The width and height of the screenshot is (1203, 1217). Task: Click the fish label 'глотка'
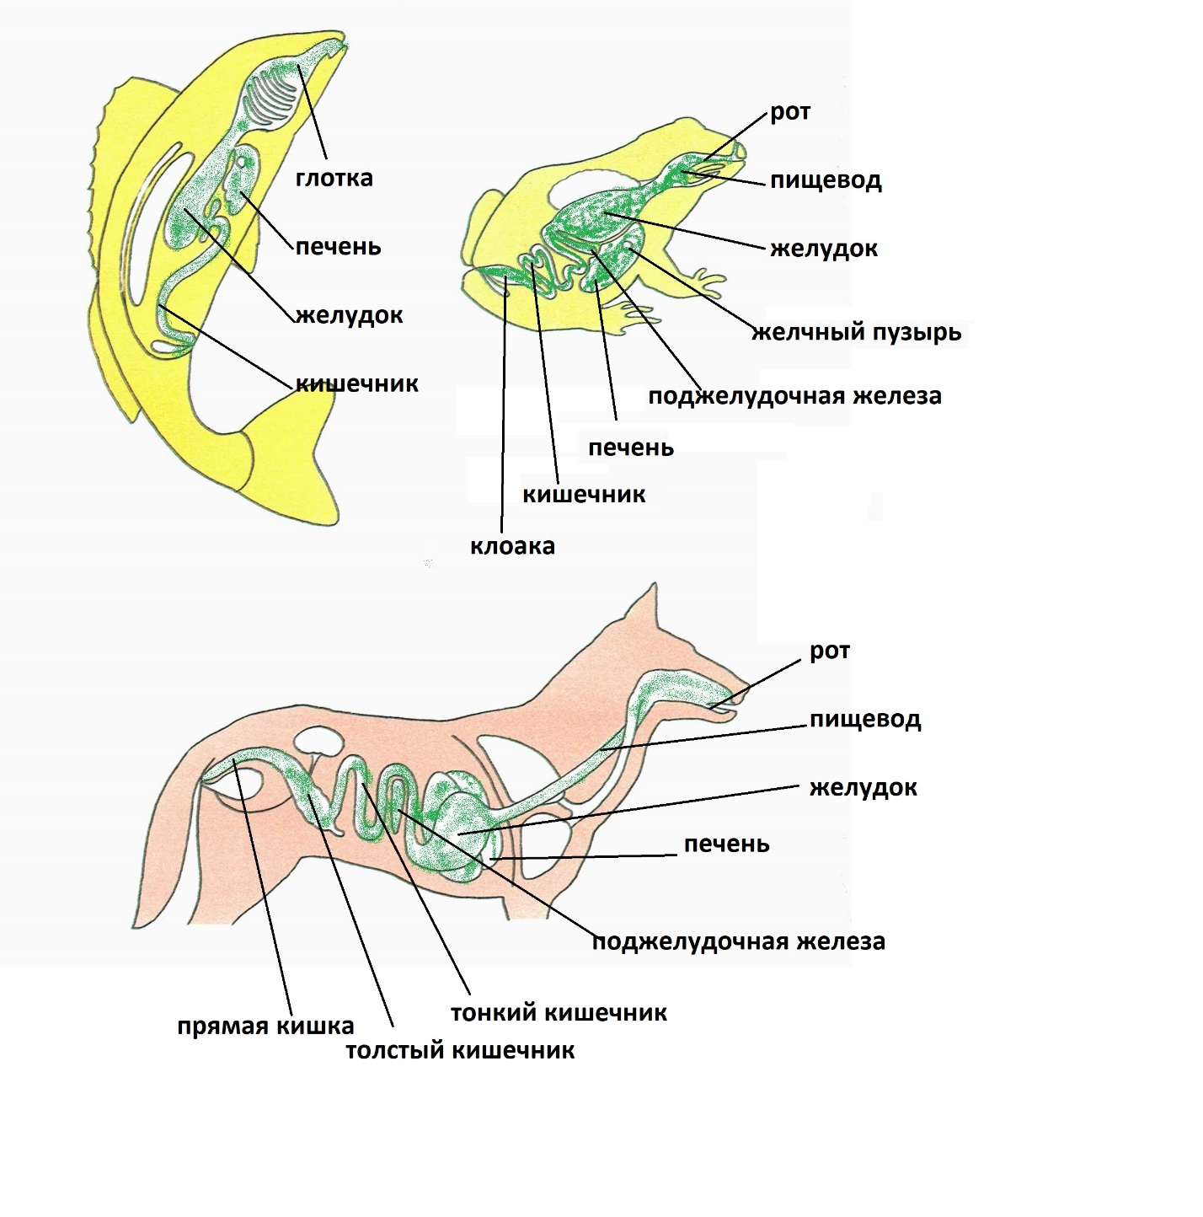point(334,179)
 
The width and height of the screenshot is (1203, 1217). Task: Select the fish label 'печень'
point(338,246)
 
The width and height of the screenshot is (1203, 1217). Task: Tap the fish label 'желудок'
point(349,314)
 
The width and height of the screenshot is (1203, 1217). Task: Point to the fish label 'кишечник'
point(357,383)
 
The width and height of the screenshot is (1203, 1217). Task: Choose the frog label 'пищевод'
point(826,181)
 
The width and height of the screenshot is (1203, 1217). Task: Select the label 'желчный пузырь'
point(856,332)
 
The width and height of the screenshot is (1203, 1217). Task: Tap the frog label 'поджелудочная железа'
point(794,397)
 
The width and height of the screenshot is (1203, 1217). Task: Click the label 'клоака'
point(512,546)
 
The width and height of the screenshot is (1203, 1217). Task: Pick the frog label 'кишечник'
point(584,495)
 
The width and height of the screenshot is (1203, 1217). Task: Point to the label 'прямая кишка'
point(265,1027)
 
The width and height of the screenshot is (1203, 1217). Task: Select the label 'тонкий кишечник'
point(559,1013)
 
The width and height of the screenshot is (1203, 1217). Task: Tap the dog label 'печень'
point(726,844)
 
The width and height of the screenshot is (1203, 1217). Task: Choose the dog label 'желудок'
point(863,787)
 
